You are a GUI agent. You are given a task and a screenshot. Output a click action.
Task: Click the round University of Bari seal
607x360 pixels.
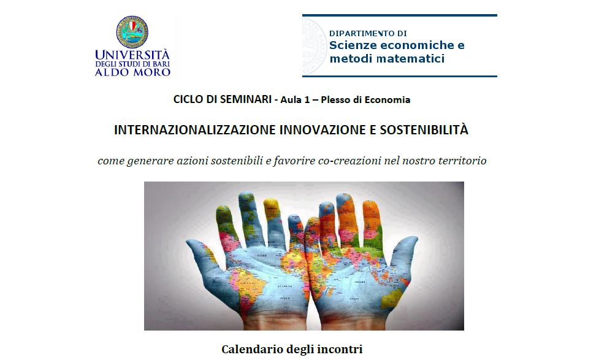pos(132,32)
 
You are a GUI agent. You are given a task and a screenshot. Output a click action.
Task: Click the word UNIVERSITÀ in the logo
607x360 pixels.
pos(132,54)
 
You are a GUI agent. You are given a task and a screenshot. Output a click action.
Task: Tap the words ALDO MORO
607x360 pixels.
pos(133,72)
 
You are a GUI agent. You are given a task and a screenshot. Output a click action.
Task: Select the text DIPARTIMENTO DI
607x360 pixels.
pos(368,33)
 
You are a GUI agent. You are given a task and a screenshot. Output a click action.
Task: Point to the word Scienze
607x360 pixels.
pos(353,45)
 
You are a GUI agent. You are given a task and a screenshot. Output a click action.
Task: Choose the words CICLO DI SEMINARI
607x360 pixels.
pos(222,99)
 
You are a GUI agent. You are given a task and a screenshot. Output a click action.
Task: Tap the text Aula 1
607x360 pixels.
pos(295,100)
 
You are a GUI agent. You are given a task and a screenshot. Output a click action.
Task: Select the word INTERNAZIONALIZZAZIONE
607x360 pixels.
pos(195,129)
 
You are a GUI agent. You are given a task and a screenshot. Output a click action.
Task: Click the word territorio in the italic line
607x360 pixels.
pos(462,160)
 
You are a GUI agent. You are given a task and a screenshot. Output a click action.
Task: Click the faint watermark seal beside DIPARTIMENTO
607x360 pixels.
pos(315,45)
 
